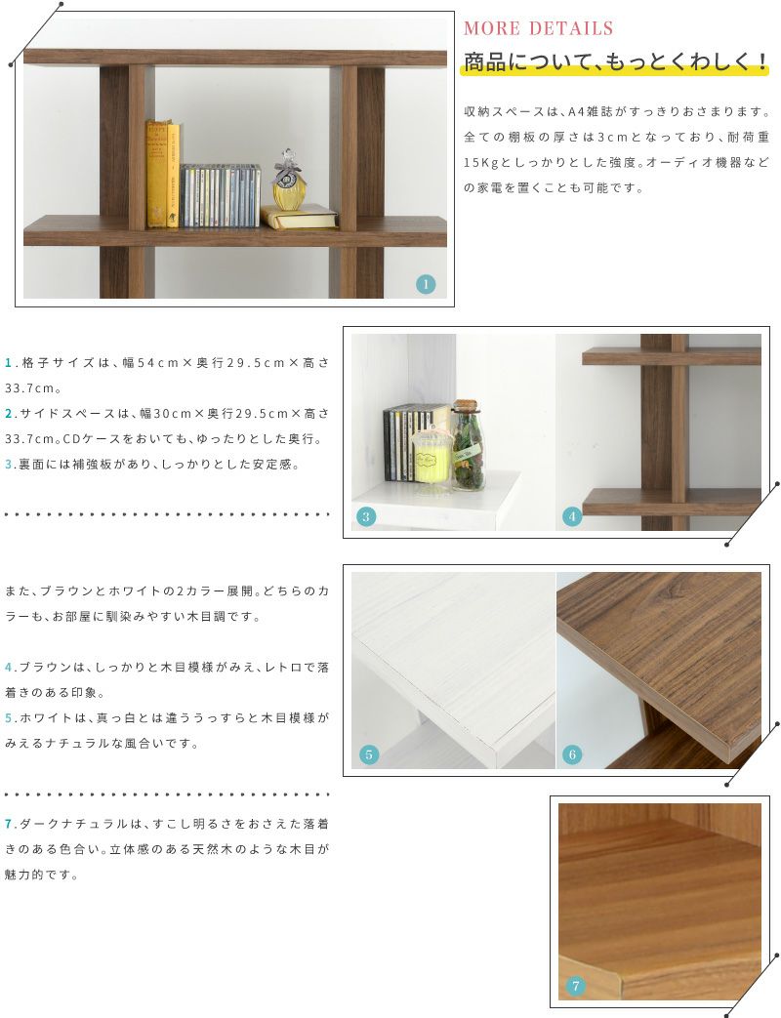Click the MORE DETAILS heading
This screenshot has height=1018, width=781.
(538, 28)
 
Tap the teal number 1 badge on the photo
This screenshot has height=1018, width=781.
(426, 284)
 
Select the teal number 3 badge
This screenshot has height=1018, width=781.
(366, 516)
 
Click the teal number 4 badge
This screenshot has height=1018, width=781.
(572, 516)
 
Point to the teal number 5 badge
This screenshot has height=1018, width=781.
(369, 754)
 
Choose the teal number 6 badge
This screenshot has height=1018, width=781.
(572, 754)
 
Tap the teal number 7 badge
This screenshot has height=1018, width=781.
(575, 986)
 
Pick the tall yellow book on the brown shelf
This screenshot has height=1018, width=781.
(156, 174)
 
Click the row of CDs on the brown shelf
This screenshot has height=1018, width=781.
(220, 195)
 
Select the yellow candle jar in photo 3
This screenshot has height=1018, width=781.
(431, 457)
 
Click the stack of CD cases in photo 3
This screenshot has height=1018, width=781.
(409, 443)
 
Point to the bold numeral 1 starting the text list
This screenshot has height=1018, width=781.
(8, 363)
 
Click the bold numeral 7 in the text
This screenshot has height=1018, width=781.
(8, 824)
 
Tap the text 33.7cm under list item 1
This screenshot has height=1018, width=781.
(28, 388)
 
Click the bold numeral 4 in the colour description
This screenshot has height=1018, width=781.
(8, 667)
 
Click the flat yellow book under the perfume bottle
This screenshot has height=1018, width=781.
(300, 218)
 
